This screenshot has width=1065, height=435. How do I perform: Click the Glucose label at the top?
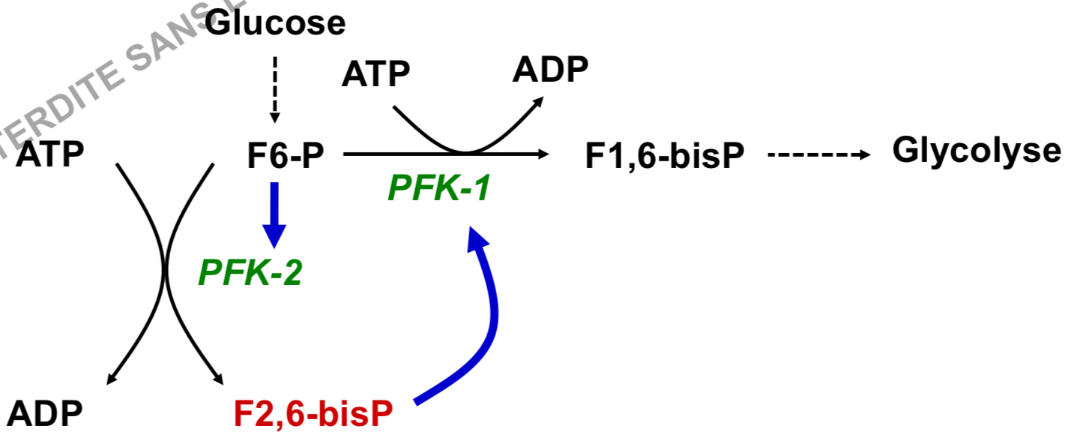[x=276, y=23]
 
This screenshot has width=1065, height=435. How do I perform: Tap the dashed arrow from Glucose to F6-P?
[x=274, y=86]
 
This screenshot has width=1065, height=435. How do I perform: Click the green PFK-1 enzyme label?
[x=438, y=188]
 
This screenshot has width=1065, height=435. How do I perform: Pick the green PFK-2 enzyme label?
[x=250, y=273]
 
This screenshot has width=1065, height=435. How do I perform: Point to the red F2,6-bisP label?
[x=323, y=413]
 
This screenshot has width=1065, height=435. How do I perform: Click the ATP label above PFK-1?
[x=375, y=75]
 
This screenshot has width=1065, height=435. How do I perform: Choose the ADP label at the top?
[x=550, y=70]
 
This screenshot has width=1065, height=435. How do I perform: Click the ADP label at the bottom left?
[x=46, y=413]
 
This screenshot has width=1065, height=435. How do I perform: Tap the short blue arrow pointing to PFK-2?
[x=275, y=214]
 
